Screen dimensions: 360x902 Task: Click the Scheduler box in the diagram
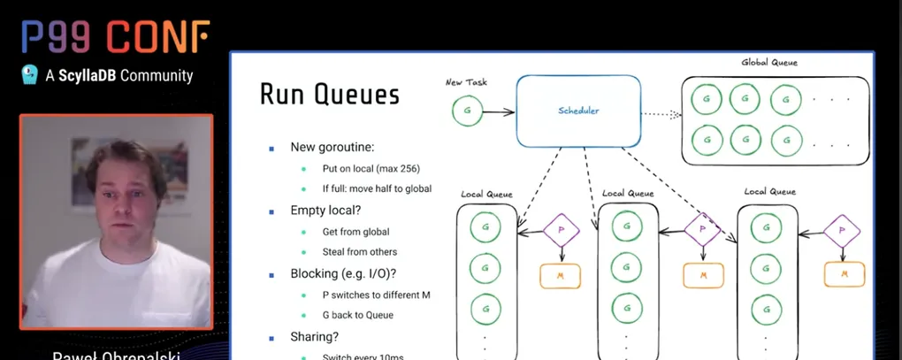[x=578, y=111]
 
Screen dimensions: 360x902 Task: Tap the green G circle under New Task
[x=467, y=112]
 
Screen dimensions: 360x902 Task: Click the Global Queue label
[x=768, y=63]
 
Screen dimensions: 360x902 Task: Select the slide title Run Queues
[x=329, y=95]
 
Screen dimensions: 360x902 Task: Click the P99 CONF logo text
[x=115, y=36]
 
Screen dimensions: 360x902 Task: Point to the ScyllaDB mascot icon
[x=29, y=74]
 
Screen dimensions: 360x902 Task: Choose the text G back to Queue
[x=358, y=315]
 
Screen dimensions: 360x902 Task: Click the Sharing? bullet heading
[x=315, y=336]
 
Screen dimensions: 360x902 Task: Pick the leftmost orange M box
[x=561, y=274]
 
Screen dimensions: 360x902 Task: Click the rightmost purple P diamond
[x=842, y=231]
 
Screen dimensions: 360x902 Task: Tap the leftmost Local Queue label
[x=485, y=193]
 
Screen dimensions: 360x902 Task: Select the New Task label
[x=466, y=82]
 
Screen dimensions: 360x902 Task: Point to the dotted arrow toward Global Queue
[x=661, y=114]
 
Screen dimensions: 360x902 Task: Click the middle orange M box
[x=703, y=274]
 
